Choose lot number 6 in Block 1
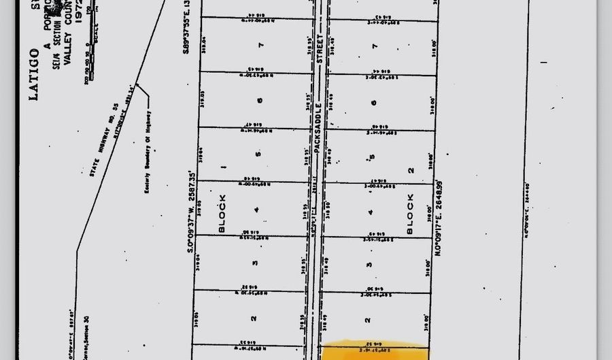point(260,100)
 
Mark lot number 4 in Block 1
point(256,210)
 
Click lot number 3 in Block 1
point(255,263)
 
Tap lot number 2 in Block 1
point(252,318)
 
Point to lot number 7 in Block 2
point(375,46)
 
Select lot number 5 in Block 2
point(372,157)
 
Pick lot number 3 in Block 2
point(369,265)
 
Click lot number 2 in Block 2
point(368,319)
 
